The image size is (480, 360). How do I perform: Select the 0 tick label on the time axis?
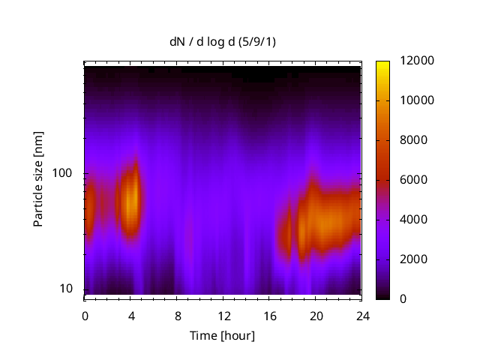pos(85,315)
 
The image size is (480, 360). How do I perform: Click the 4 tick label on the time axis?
pos(131,315)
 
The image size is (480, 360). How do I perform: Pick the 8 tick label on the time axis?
pos(178,315)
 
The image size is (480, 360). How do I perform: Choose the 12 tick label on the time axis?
pos(223,315)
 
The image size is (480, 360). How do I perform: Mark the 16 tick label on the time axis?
pos(270,315)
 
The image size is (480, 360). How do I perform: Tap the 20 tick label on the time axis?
pos(316,315)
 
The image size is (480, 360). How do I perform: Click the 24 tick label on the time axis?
pos(363,315)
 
